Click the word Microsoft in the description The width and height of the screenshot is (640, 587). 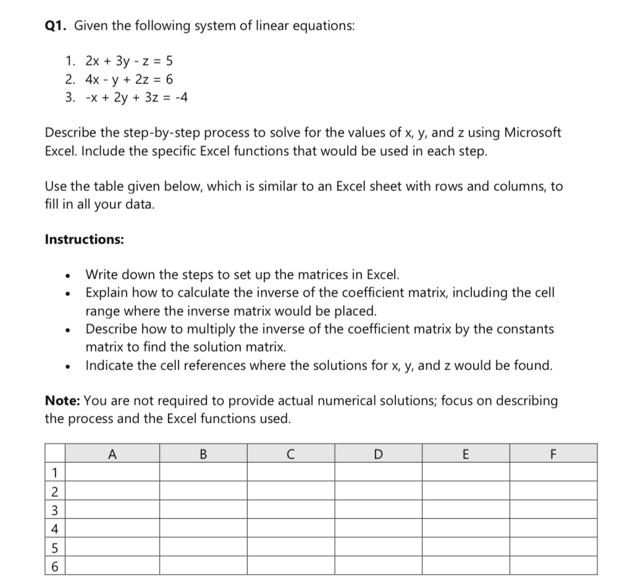tap(533, 133)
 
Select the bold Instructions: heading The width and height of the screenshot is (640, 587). tap(85, 239)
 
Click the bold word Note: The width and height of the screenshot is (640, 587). tap(62, 400)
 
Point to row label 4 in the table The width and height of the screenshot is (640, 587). tap(54, 528)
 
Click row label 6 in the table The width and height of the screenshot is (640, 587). tap(54, 565)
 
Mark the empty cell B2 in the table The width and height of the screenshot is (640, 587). tap(203, 491)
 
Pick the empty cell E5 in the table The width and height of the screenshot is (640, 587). tap(466, 547)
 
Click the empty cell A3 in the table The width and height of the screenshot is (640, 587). tap(112, 510)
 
